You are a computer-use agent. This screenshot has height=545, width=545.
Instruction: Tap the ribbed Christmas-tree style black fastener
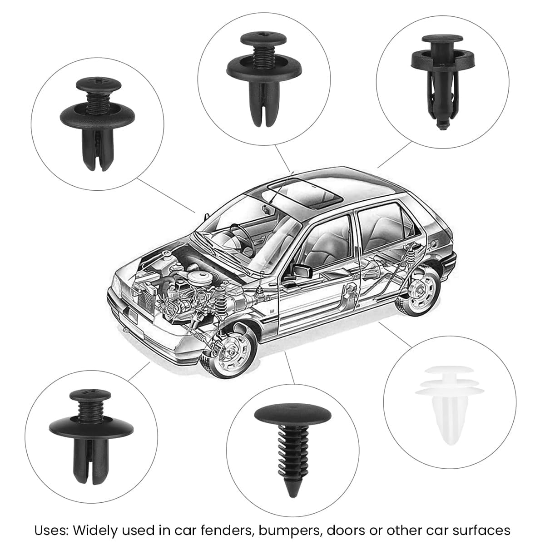coord(290,436)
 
